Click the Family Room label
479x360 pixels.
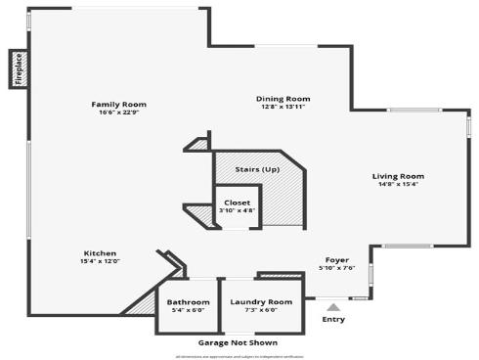[118, 105]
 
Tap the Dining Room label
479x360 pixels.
[283, 98]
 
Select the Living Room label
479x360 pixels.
[398, 176]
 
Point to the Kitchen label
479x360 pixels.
[100, 252]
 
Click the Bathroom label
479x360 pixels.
[188, 301]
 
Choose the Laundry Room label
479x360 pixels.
[261, 301]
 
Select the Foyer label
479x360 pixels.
[336, 259]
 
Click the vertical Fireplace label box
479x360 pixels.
[18, 69]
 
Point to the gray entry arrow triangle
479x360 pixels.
[333, 308]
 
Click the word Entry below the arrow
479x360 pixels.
[333, 319]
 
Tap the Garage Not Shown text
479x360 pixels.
[238, 342]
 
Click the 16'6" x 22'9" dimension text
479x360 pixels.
[118, 112]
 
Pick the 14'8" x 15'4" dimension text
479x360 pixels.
[398, 184]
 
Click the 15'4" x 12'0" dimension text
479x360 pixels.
[100, 260]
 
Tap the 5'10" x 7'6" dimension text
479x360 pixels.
[336, 267]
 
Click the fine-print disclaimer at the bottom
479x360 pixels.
[238, 355]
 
